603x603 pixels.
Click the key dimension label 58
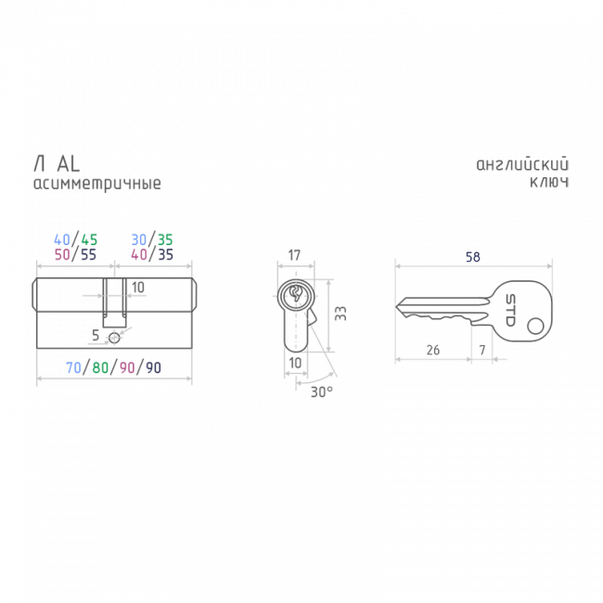point(472,257)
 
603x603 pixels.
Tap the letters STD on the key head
point(510,311)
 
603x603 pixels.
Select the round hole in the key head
point(535,327)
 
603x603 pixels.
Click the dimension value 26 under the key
point(433,350)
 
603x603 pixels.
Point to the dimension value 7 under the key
point(482,350)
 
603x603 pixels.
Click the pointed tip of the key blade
point(396,306)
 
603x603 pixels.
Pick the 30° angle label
point(322,391)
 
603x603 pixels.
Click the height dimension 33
point(340,314)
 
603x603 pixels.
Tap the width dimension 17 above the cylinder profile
point(294,255)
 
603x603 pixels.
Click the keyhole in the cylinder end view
point(296,293)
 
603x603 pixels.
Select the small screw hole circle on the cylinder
point(114,338)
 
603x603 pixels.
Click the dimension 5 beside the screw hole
point(96,335)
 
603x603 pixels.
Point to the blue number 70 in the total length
point(73,367)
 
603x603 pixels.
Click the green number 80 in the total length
point(100,367)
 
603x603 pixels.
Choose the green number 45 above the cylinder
point(90,240)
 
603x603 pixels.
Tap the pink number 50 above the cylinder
point(62,254)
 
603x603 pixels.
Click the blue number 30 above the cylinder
point(139,240)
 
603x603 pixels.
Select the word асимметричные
point(97,184)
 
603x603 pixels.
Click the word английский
point(522,164)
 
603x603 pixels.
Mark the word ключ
point(549,182)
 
